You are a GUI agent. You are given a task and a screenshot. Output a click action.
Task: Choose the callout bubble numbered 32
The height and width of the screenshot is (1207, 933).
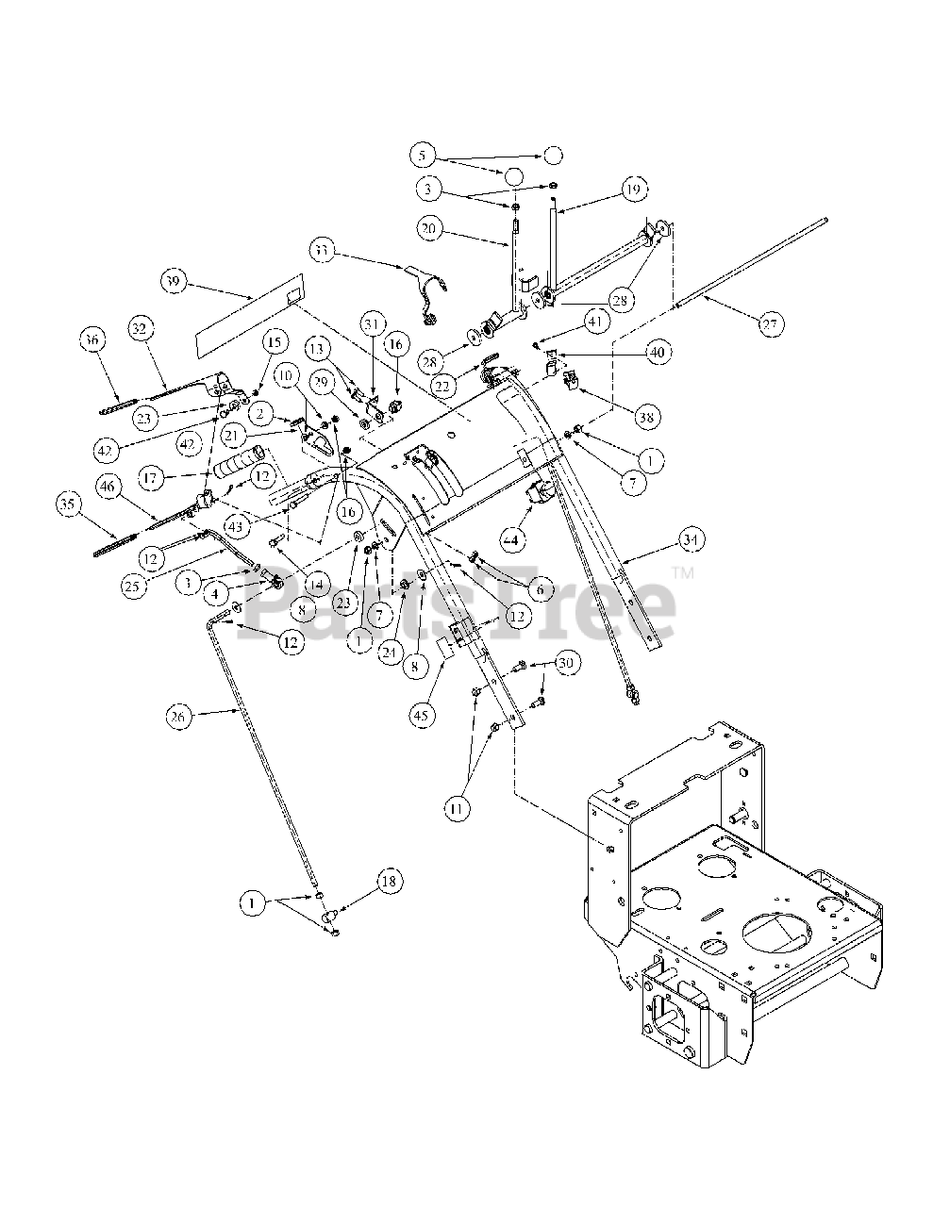click(140, 328)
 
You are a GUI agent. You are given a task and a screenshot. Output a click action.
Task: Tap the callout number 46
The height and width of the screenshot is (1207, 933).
click(108, 487)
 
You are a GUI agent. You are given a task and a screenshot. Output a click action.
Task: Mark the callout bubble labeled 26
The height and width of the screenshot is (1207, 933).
click(180, 718)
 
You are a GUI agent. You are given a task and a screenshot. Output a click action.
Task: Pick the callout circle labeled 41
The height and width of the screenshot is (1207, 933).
click(620, 322)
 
